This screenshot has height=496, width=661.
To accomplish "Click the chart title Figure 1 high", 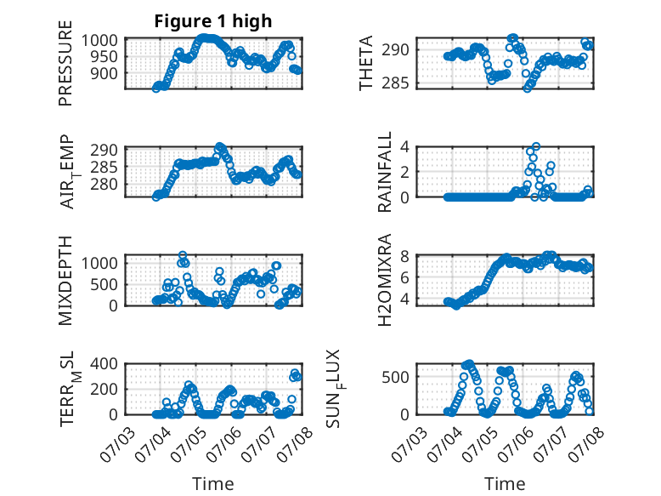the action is click(x=213, y=21).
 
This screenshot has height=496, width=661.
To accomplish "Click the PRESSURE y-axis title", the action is click(x=65, y=63).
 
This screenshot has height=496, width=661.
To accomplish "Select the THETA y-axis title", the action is click(x=366, y=63).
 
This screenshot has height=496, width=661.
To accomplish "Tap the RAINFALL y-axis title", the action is click(x=385, y=172).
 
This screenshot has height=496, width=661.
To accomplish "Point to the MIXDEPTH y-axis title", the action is click(x=65, y=281).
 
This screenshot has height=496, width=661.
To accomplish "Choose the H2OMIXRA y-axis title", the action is click(x=385, y=280).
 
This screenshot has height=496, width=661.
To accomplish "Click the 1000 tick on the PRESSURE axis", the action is click(x=99, y=41).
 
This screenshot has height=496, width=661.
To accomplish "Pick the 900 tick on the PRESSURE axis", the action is click(x=104, y=73).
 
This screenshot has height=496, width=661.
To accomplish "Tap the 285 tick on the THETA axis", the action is click(x=395, y=83).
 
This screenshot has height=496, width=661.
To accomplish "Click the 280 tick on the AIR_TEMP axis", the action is click(x=104, y=185).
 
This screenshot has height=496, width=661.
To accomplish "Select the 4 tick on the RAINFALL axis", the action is click(x=404, y=147).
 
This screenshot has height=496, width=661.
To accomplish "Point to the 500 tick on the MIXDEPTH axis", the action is click(x=104, y=284).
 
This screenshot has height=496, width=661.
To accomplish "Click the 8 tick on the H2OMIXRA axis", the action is click(x=404, y=256).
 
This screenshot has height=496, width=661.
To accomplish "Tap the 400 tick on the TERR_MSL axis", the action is click(x=104, y=363).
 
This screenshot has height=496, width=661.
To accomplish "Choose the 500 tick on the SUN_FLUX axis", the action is click(x=395, y=377).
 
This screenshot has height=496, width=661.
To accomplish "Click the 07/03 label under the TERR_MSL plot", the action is click(x=117, y=444).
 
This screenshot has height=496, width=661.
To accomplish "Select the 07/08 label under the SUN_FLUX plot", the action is click(x=586, y=444).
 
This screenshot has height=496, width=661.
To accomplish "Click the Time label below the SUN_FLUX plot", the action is click(x=505, y=483).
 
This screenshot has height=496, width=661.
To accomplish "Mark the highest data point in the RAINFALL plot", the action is click(x=536, y=146).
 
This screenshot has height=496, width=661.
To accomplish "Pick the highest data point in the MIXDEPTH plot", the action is click(x=183, y=255).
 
